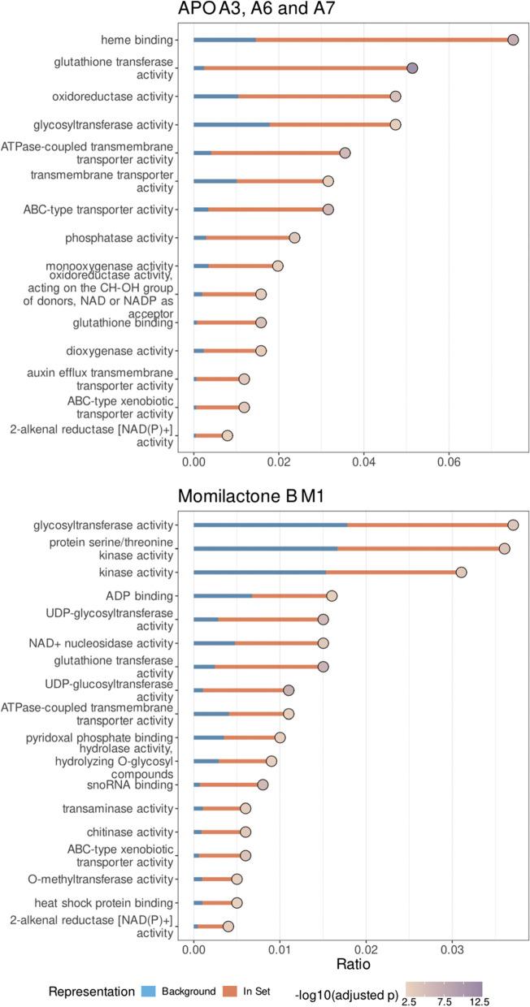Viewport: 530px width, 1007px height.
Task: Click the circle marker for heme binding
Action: [x=513, y=40]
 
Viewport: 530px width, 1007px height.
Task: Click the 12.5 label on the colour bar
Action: [x=471, y=1001]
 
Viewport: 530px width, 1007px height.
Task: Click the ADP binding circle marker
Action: [x=332, y=596]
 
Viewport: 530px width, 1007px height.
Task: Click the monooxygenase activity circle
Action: [x=278, y=266]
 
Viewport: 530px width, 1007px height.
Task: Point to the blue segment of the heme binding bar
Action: [x=224, y=40]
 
